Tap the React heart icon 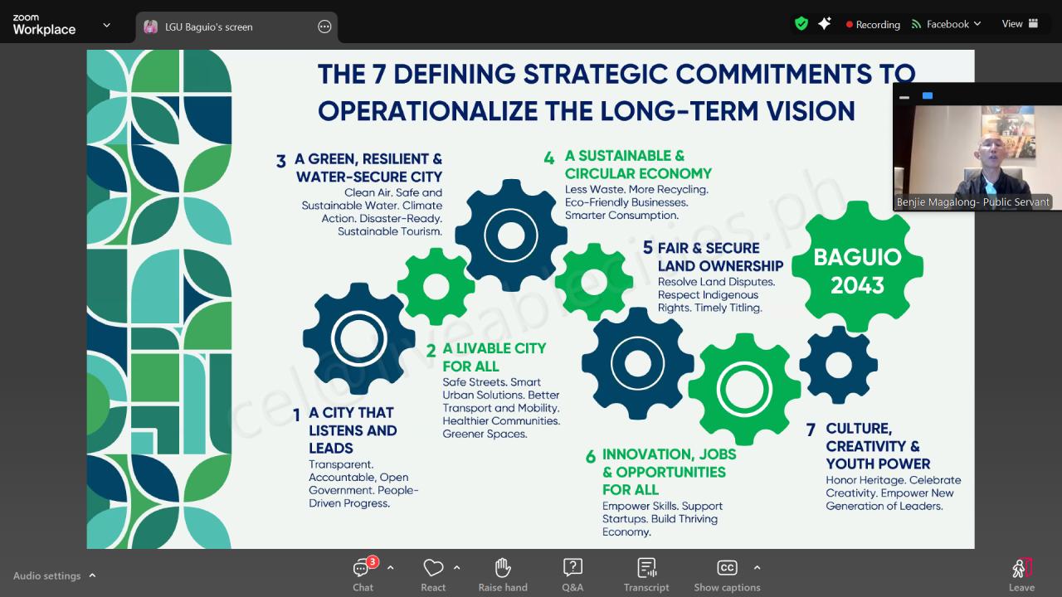pos(433,567)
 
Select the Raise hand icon pos(503,567)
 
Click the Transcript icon pos(646,567)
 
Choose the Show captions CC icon pos(727,567)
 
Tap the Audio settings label pos(47,575)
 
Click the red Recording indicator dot pos(849,25)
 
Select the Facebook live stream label pos(948,24)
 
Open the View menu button pos(1020,24)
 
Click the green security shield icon pos(801,23)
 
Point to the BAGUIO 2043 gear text pos(857,271)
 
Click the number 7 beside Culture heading pos(811,430)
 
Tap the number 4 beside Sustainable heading pos(549,158)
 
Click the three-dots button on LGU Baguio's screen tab pos(324,27)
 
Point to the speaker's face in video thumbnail pos(990,153)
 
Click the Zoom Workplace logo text pos(44,25)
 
